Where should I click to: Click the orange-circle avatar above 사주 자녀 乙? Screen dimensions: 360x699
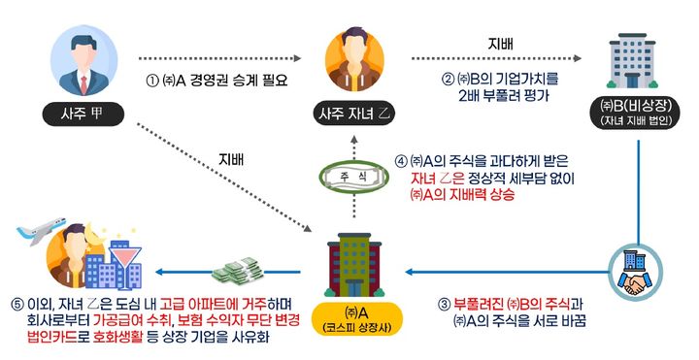353,60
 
